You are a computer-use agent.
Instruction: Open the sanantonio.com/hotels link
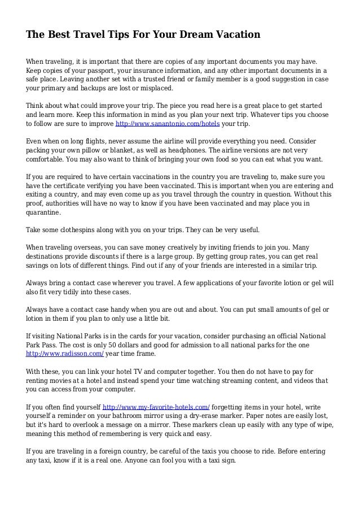167,123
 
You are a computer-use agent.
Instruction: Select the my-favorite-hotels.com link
156,407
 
